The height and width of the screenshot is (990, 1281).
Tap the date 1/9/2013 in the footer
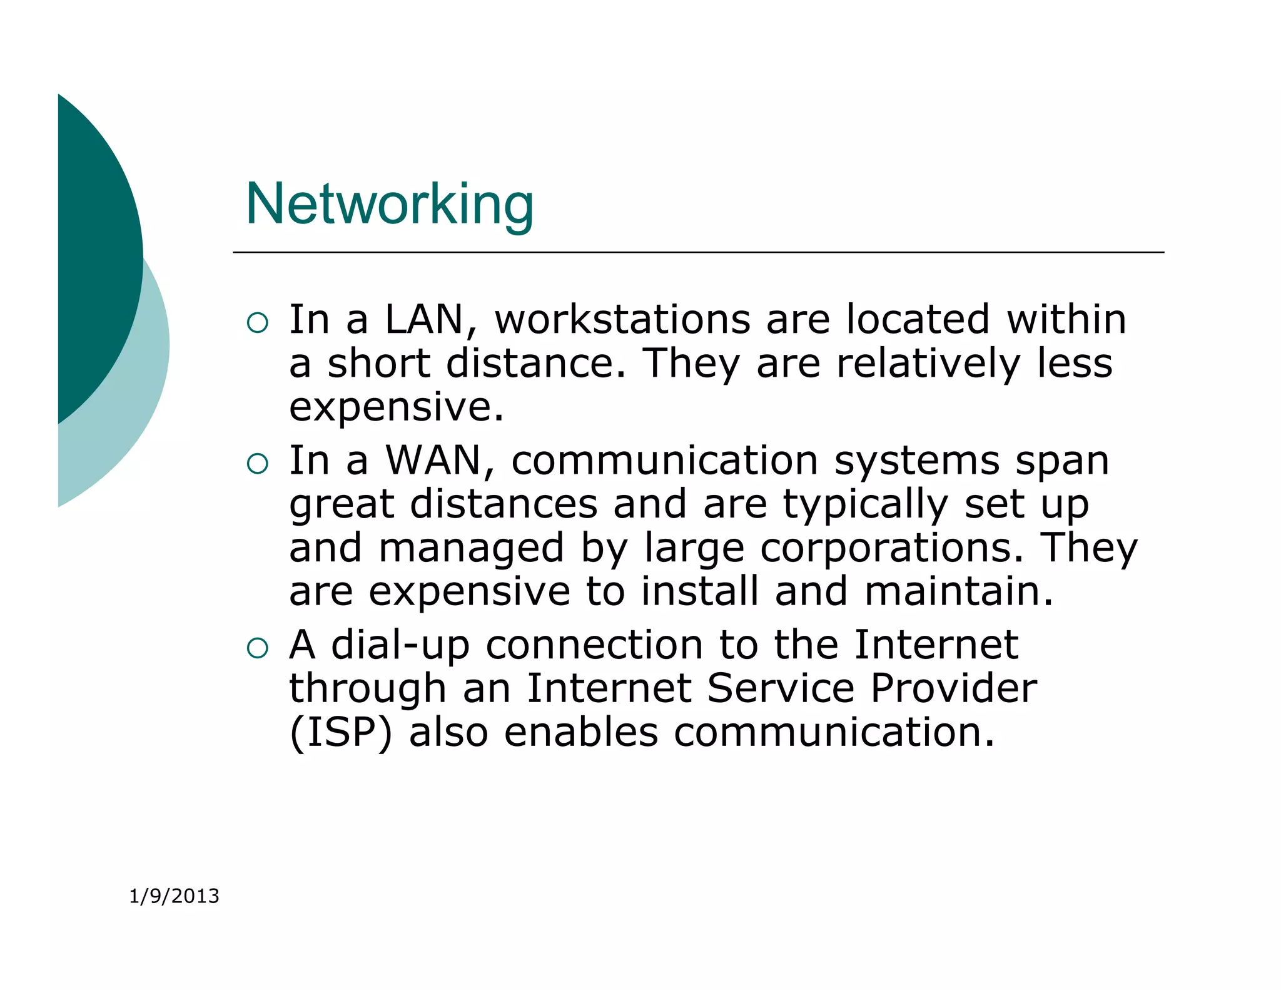click(174, 896)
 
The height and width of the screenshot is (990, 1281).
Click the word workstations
click(622, 319)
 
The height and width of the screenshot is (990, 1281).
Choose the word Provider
click(953, 688)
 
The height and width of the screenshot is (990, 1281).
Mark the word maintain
click(958, 591)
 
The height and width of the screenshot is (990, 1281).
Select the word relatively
click(928, 364)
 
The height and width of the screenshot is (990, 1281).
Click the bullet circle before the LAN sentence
click(257, 323)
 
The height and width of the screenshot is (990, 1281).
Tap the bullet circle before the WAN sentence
click(257, 464)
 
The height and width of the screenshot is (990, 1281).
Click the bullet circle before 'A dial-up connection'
click(257, 648)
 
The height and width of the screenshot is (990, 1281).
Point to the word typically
click(866, 504)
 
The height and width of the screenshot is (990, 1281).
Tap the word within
click(1066, 319)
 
